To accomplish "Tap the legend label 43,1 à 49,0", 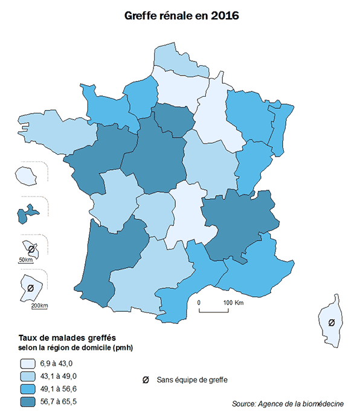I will (60, 376).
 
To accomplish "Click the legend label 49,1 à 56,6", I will (60, 389).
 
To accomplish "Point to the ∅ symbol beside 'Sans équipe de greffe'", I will (146, 380).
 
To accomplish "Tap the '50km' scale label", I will (25, 260).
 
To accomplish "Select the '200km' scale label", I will (39, 306).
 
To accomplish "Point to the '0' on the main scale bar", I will (199, 302).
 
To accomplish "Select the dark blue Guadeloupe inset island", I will (27, 213).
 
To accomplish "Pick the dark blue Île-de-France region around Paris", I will (174, 119).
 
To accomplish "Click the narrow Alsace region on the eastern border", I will (278, 130).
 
